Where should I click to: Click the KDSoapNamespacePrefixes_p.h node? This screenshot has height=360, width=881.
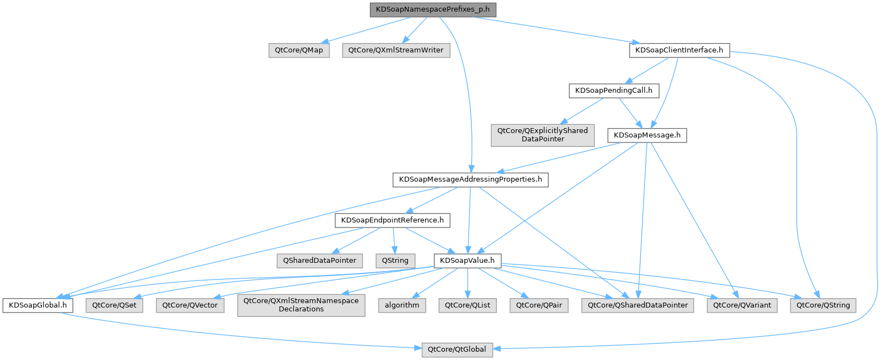(x=433, y=9)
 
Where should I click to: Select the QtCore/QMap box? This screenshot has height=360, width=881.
(x=299, y=50)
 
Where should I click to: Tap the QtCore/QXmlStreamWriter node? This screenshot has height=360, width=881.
(x=396, y=50)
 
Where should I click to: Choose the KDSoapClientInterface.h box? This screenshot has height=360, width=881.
(x=679, y=50)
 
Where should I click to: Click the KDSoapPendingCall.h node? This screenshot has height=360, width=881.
(x=613, y=91)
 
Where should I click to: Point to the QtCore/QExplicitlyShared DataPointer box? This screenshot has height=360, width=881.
(x=543, y=135)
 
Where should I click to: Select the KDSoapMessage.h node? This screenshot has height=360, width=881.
(x=647, y=135)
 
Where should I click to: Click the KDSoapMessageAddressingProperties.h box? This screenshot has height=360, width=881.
(x=470, y=179)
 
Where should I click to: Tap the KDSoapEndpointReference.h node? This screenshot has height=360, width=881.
(x=392, y=220)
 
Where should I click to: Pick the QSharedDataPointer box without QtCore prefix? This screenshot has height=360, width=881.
(x=320, y=261)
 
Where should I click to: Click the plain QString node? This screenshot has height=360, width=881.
(x=395, y=261)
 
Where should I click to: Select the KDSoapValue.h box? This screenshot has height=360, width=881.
(x=468, y=261)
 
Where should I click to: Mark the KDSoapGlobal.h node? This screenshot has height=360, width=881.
(x=38, y=305)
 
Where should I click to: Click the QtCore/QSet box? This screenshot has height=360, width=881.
(x=114, y=305)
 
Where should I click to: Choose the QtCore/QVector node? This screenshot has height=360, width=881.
(x=190, y=305)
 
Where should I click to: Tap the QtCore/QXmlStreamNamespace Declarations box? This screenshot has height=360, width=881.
(x=301, y=305)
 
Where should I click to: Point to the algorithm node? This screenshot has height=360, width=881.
(x=402, y=305)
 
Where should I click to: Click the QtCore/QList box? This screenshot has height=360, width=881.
(x=468, y=305)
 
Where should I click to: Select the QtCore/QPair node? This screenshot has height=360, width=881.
(x=539, y=305)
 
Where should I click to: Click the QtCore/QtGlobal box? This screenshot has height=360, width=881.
(x=457, y=350)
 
